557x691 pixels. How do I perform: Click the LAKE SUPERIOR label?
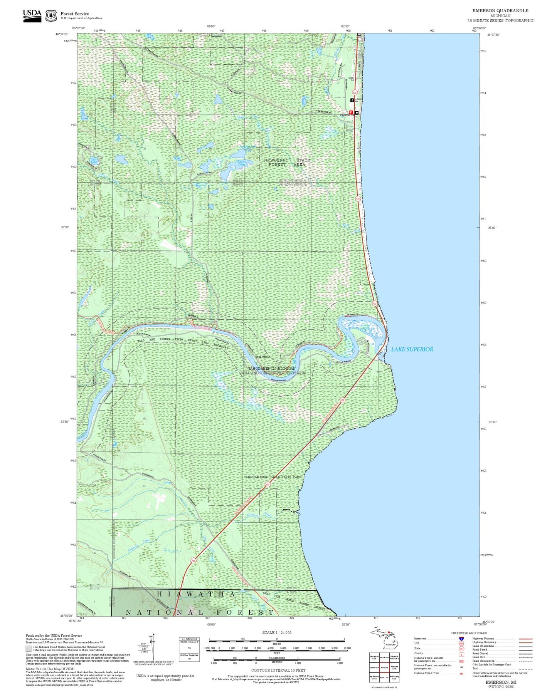[x=412, y=349]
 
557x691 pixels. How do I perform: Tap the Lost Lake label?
[x=94, y=161]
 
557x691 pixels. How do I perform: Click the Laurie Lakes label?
[x=242, y=163]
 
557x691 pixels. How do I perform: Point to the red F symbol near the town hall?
[x=351, y=112]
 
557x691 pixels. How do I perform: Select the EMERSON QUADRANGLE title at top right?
[x=500, y=11]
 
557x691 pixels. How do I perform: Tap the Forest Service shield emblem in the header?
[x=50, y=15]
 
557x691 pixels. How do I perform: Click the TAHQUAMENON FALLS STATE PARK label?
[x=273, y=477]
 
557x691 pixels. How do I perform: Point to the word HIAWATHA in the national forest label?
[x=196, y=594]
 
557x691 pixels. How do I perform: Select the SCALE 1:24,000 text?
[x=277, y=632]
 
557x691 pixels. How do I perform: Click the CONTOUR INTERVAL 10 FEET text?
[x=278, y=670]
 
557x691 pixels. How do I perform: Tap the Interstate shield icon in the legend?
[x=461, y=639]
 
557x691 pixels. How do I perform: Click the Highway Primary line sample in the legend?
[x=525, y=639]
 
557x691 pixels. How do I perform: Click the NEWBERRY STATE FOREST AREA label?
[x=287, y=162]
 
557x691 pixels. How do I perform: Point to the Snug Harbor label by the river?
[x=262, y=357]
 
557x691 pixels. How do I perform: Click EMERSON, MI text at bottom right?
[x=501, y=682]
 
